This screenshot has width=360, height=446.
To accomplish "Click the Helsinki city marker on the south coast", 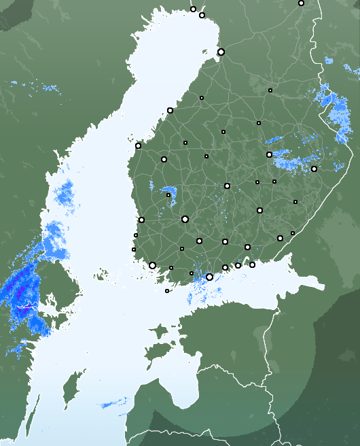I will pyautogui.click(x=209, y=277).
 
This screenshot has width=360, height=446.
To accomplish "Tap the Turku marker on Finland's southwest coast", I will pyautogui.click(x=152, y=265).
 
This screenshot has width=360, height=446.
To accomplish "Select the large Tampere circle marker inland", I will pyautogui.click(x=185, y=219).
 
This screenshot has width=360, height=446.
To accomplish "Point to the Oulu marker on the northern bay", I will pyautogui.click(x=221, y=52).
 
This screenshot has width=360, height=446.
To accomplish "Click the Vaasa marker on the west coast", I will pyautogui.click(x=138, y=145).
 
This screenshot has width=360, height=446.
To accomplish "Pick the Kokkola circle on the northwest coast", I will pyautogui.click(x=170, y=110).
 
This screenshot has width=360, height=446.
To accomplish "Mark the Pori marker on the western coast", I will pyautogui.click(x=141, y=220).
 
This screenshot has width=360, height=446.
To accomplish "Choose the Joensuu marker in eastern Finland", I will pyautogui.click(x=314, y=169).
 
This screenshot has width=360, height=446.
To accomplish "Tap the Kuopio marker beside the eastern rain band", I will pyautogui.click(x=270, y=155).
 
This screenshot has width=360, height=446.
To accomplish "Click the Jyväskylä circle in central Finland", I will pyautogui.click(x=227, y=186).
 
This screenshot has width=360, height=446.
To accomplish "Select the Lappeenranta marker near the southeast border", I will pyautogui.click(x=280, y=238).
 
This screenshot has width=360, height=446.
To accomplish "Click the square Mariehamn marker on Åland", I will pyautogui.click(x=167, y=291).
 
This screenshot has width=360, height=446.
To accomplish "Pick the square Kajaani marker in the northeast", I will pyautogui.click(x=270, y=90).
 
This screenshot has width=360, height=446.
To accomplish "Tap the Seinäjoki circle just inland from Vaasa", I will pyautogui.click(x=164, y=159).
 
